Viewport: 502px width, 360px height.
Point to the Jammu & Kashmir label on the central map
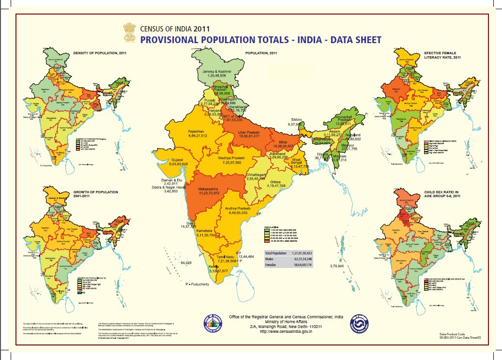217,71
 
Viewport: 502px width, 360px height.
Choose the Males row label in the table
270,259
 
